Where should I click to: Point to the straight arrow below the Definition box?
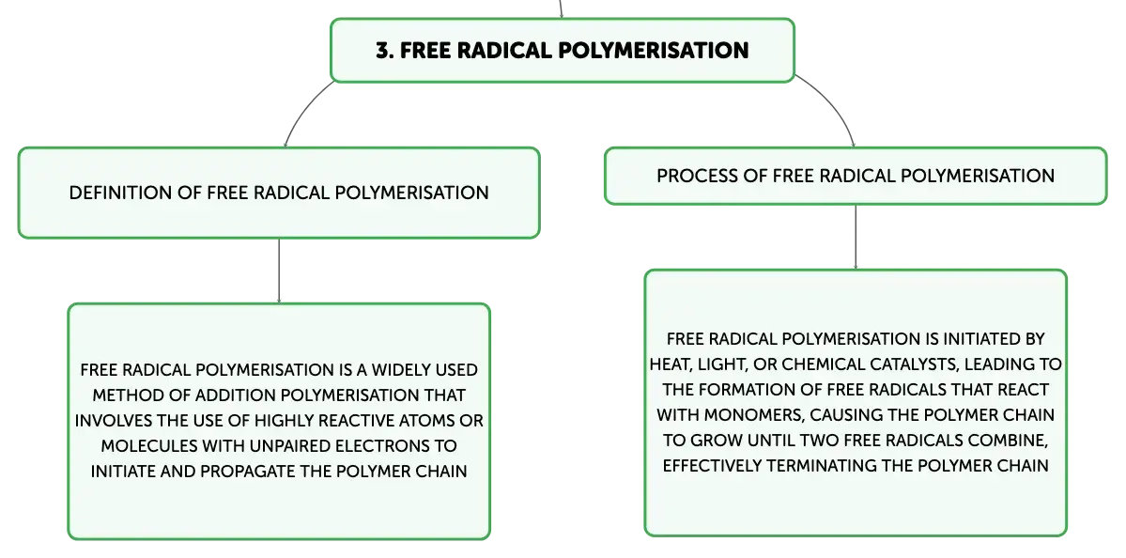coord(279,271)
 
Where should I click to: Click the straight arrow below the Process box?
coord(856,238)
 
